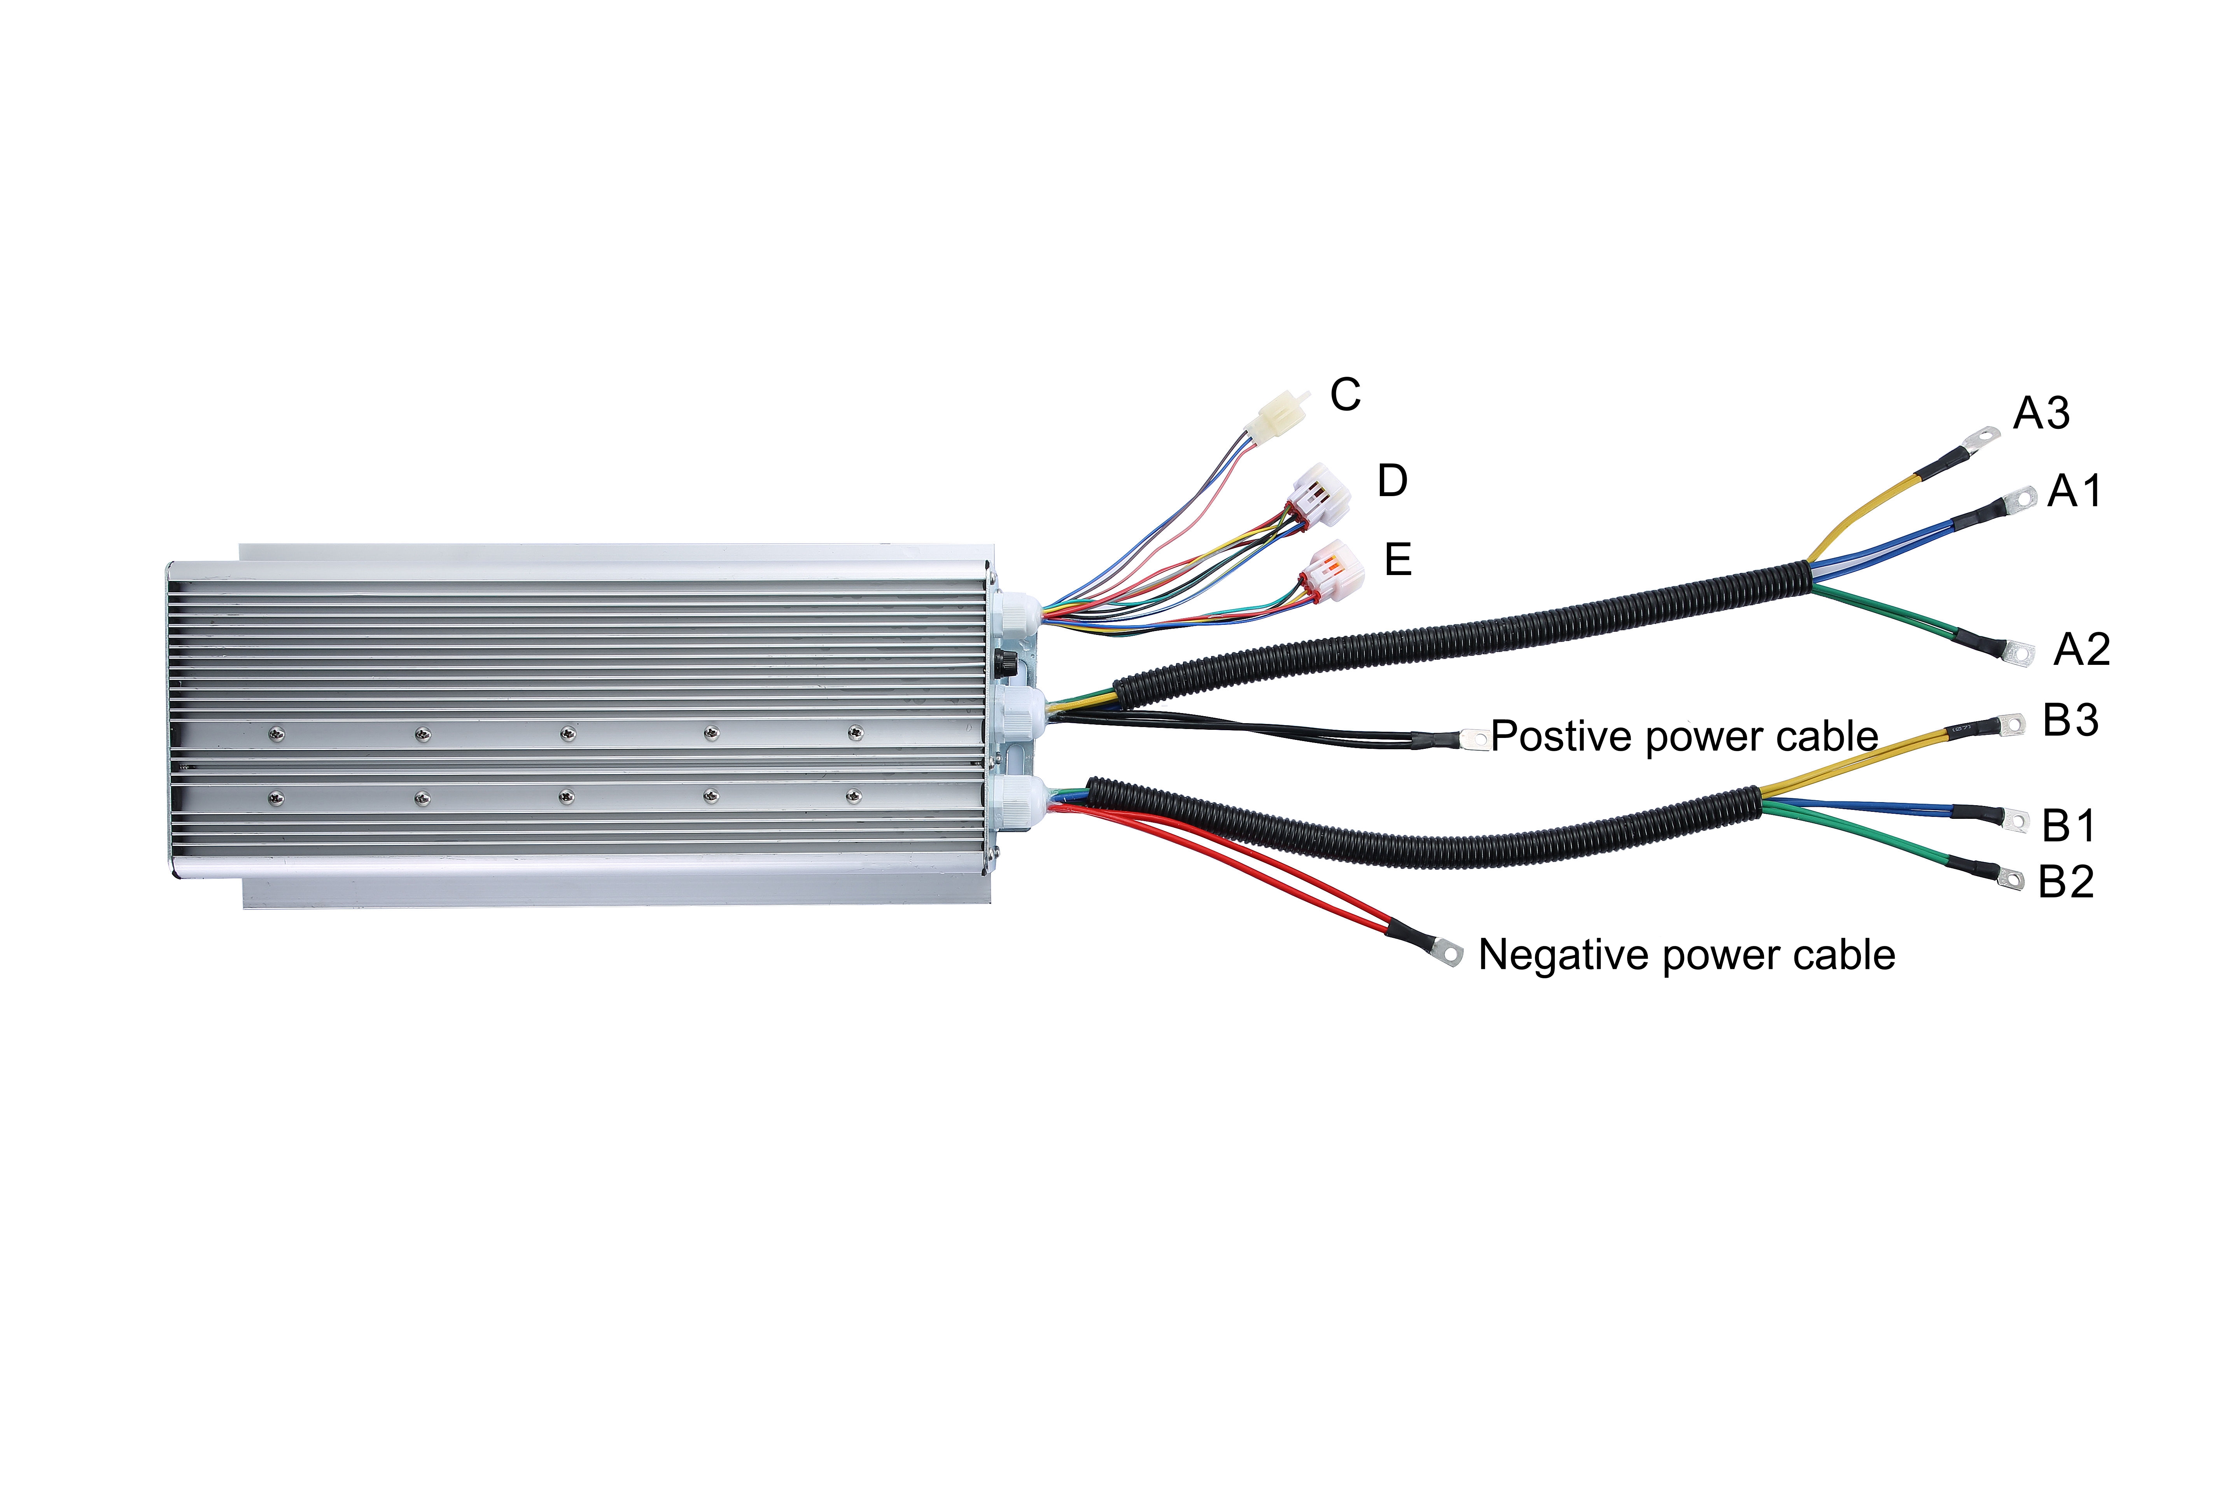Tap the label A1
(2074, 491)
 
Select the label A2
(2082, 649)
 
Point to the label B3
(2070, 720)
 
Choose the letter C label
(1346, 394)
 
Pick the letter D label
(1392, 481)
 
